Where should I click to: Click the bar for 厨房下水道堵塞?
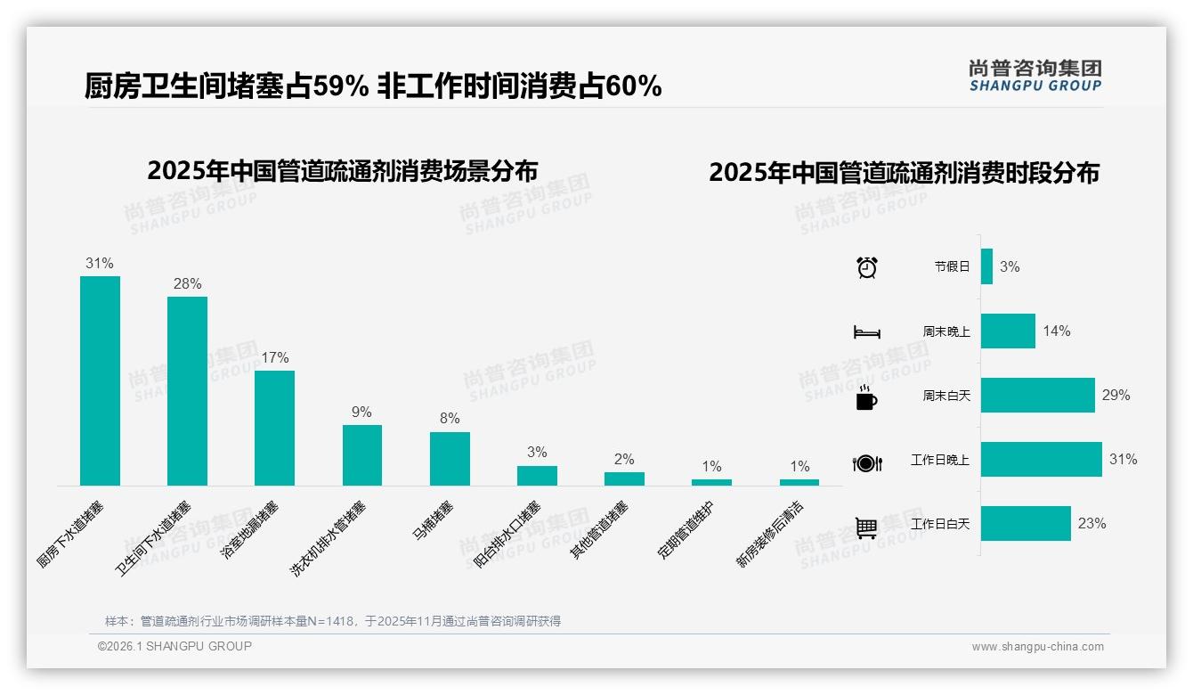tap(100, 380)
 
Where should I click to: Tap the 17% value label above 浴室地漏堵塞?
tap(274, 358)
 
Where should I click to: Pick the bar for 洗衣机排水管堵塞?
tap(361, 454)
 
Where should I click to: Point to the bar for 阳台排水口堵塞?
tap(537, 476)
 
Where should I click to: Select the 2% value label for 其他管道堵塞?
tap(624, 460)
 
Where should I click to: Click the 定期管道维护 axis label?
tap(686, 530)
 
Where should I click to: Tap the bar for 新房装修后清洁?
tap(799, 482)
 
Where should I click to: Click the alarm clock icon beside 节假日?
tap(866, 267)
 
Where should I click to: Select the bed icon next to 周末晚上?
tap(866, 331)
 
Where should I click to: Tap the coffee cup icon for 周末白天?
tap(866, 397)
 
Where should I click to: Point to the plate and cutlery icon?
tap(866, 462)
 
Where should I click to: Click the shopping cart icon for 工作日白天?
tap(866, 527)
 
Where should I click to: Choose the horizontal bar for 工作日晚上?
tap(1041, 460)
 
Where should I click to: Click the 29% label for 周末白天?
tap(1116, 396)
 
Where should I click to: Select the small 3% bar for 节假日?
tap(986, 266)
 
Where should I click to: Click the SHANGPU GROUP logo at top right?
tap(1035, 76)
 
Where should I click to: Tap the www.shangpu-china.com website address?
tap(1037, 647)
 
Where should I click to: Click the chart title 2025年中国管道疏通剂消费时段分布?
tap(904, 173)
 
